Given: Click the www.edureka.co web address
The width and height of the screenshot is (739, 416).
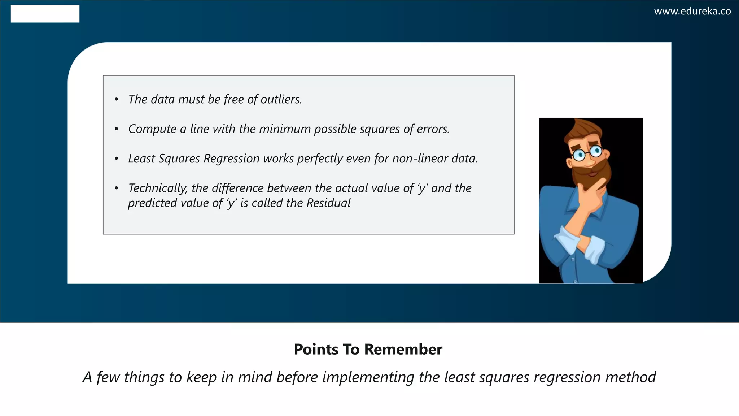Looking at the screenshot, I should pos(692,12).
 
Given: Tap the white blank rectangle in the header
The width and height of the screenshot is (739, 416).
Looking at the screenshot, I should pos(45,14).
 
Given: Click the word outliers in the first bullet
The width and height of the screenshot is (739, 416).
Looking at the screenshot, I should pos(281,99).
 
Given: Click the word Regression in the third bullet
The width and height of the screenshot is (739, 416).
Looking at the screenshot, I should pos(231,159).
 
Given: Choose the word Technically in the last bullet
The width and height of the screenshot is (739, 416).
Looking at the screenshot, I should pos(157,188).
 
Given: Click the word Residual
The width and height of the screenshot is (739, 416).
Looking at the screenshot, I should pos(328,203).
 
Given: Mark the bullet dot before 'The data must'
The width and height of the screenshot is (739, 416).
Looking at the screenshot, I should pos(116,99).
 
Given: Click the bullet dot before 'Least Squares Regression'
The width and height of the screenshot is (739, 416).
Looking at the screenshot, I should pos(116,159).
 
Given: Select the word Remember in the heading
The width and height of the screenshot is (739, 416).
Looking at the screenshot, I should pos(403,349).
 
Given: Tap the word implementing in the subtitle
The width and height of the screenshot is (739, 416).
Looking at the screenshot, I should pos(368,377).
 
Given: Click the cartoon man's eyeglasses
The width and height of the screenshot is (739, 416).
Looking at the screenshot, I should pos(587,153).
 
